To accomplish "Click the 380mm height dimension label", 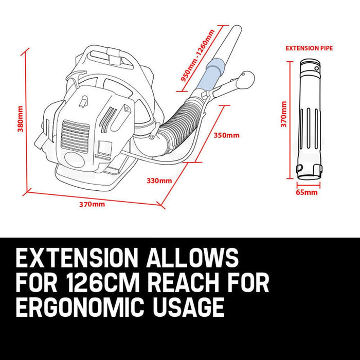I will [20, 119].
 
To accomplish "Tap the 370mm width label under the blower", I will [92, 204].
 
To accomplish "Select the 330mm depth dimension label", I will [159, 181].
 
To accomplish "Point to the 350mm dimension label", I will [226, 136].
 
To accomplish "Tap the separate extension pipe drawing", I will [309, 118].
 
